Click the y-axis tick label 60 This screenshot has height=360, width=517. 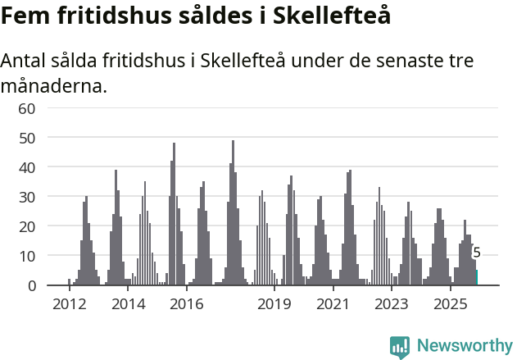coord(27,108)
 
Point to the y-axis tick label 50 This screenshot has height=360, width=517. coord(27,138)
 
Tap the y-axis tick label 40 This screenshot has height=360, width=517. coord(27,167)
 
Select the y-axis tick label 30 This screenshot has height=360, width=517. coord(27,197)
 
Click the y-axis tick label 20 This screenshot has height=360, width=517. coord(27,226)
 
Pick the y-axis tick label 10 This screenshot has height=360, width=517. coord(27,256)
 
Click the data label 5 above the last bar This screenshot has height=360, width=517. coord(477,253)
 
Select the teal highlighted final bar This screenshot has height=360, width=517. coord(477,278)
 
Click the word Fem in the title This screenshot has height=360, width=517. coord(23,16)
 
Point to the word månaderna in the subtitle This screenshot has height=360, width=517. coord(54,85)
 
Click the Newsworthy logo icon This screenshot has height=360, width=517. coord(400,347)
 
